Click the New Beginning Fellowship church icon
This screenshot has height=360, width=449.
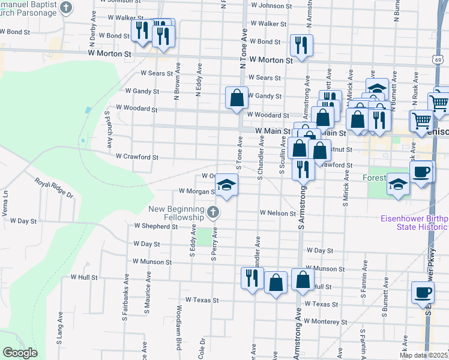(x=212, y=212)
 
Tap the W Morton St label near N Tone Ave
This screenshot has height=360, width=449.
(x=271, y=60)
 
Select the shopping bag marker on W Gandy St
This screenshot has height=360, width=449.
(x=237, y=98)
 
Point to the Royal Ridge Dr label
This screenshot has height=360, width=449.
(x=53, y=188)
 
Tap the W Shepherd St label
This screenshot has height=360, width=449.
(x=156, y=226)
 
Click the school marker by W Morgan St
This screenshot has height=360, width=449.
(x=226, y=185)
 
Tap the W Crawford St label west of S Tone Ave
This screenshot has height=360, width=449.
(x=137, y=157)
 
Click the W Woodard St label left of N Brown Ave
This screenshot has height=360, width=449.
(x=136, y=109)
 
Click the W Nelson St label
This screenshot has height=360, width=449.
(x=278, y=213)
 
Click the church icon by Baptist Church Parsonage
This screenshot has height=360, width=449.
(x=67, y=8)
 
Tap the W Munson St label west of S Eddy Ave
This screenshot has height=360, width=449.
(x=152, y=262)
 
